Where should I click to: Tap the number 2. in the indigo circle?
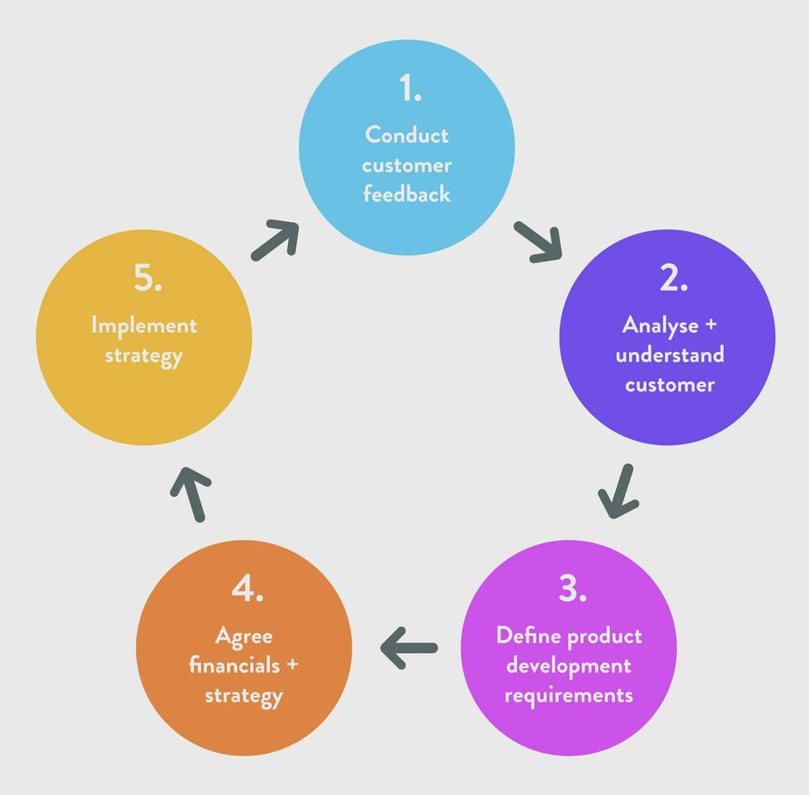tap(674, 279)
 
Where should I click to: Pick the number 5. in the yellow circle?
tap(148, 279)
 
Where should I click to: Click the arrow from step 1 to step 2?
tap(538, 241)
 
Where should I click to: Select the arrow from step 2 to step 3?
tap(618, 492)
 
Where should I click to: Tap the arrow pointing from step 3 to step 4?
tap(409, 646)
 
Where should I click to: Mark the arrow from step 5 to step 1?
tap(275, 240)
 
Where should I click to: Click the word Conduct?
tap(407, 135)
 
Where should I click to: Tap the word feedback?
tap(407, 195)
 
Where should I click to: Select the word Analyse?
tap(660, 325)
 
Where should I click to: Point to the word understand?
tap(669, 355)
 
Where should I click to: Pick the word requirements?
tap(569, 695)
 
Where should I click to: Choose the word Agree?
tap(244, 636)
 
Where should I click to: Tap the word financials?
tap(234, 665)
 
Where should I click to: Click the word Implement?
tap(144, 325)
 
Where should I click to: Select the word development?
tap(569, 665)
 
